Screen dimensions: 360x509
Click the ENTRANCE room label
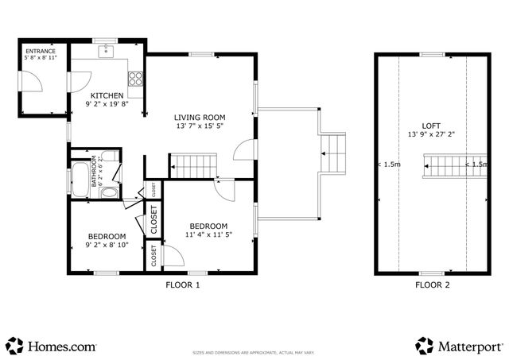(39, 51)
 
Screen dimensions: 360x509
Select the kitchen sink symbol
(107, 52)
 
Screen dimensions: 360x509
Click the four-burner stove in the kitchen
(135, 78)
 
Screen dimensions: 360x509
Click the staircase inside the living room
(192, 166)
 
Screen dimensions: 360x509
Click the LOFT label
(432, 125)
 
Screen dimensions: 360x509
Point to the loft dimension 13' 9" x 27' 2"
(432, 135)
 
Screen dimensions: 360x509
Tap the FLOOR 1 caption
(182, 285)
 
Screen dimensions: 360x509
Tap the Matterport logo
(459, 346)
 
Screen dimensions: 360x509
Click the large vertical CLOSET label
(153, 221)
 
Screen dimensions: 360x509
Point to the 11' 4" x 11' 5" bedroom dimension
(208, 234)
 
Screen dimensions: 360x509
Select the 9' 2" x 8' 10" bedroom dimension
(106, 246)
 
